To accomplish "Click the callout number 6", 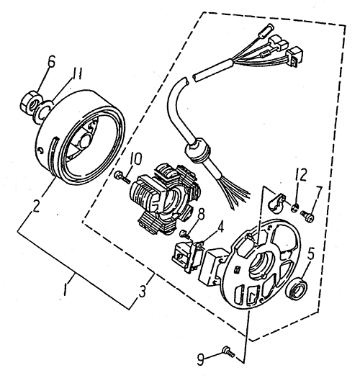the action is [51, 61].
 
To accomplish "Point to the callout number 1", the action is [65, 289].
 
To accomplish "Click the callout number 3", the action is [143, 291].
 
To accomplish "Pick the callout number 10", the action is [136, 159].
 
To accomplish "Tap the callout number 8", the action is [201, 214].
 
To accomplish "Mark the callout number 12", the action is [301, 174].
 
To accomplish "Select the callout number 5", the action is [310, 252].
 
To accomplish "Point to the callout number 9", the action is [201, 359].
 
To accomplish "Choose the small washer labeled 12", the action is [295, 207].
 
